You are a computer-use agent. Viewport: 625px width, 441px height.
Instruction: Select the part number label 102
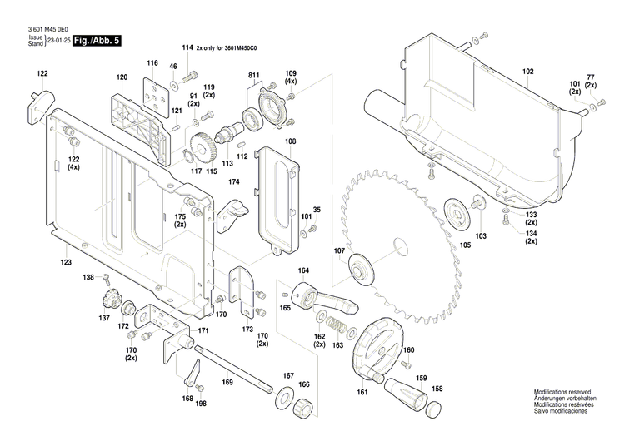[x=527, y=72]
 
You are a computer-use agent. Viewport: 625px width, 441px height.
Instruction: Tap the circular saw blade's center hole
[x=400, y=245]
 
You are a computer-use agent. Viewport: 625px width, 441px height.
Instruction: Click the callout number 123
[x=65, y=263]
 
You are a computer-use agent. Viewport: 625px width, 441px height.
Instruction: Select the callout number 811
[x=253, y=77]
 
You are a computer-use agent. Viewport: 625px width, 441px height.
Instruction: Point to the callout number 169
[x=227, y=383]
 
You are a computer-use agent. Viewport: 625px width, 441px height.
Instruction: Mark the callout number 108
[x=290, y=142]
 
